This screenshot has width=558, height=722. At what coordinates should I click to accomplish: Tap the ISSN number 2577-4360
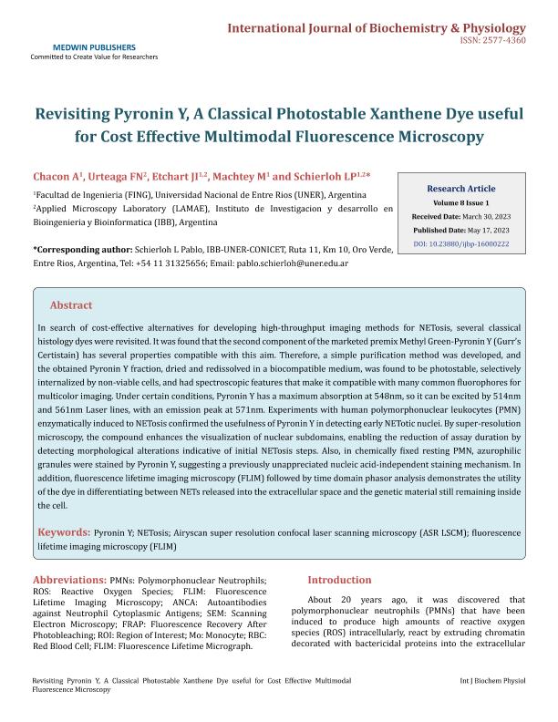[505, 41]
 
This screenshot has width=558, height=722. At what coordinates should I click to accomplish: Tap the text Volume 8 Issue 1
[462, 201]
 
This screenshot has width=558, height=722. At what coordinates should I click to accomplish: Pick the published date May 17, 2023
[490, 231]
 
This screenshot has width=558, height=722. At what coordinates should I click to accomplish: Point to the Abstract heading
[71, 305]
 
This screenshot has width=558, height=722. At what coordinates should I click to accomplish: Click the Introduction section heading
[339, 580]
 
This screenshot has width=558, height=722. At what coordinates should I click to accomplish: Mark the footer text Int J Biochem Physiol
[493, 681]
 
